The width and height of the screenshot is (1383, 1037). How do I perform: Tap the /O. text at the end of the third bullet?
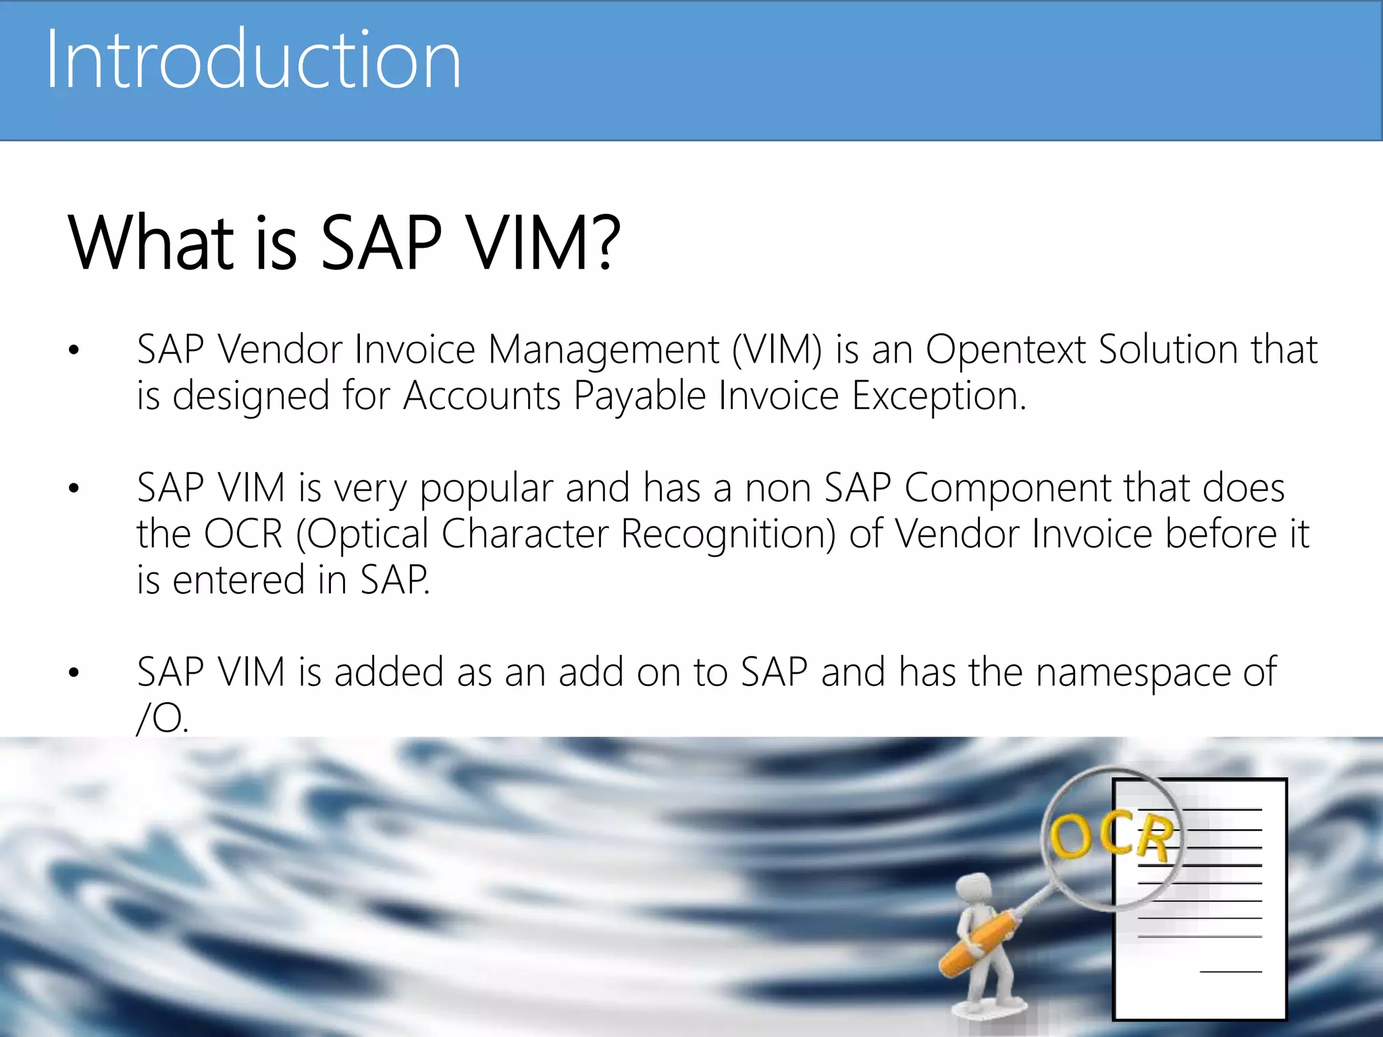[162, 718]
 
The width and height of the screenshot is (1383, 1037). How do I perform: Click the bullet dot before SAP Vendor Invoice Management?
[74, 350]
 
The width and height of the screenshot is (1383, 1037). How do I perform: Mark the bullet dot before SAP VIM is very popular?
[74, 488]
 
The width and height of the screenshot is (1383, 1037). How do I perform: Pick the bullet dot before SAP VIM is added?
[74, 672]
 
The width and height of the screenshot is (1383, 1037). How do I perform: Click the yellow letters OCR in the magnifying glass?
[1112, 836]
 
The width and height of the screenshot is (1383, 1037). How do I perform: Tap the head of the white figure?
[971, 890]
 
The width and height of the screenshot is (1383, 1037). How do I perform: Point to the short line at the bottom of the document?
[1230, 972]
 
